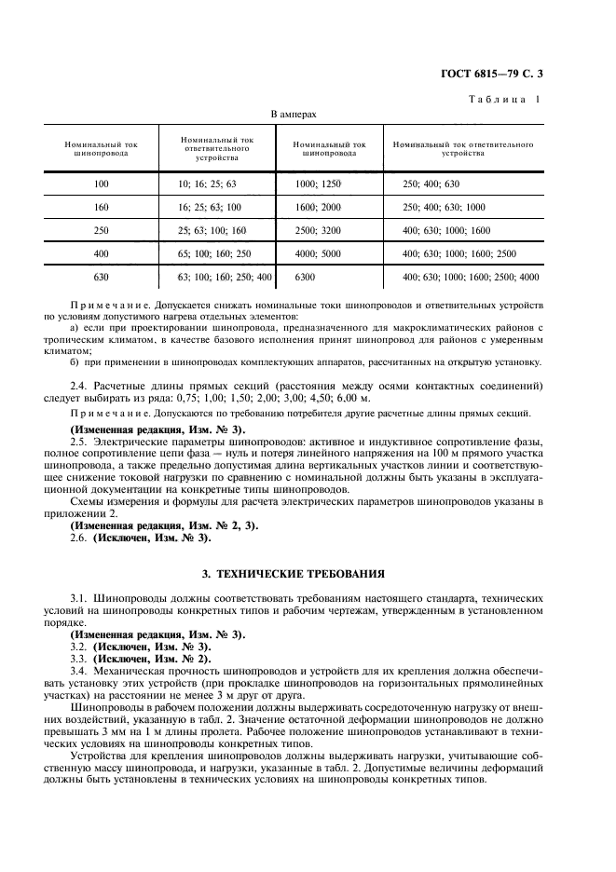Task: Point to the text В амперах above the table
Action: coord(294,115)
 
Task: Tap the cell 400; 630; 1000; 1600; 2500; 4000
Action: coord(470,277)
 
